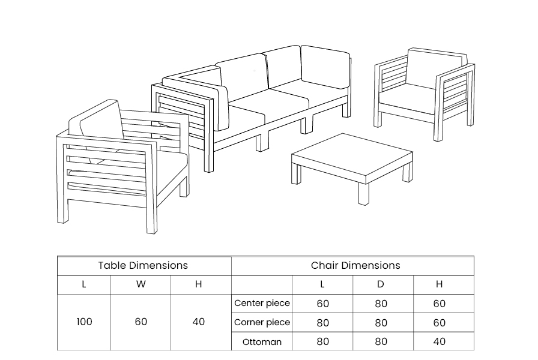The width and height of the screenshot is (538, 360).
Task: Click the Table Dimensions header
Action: [143, 265]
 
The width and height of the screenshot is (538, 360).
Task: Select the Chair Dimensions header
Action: [355, 265]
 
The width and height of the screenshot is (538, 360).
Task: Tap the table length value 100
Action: [84, 322]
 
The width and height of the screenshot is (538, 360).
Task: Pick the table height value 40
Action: [199, 322]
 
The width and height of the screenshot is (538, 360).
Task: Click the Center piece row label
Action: [262, 303]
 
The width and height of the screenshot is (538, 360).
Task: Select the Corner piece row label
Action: [262, 322]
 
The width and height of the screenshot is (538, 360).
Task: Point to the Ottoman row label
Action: [262, 342]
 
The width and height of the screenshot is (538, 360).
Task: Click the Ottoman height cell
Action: [439, 341]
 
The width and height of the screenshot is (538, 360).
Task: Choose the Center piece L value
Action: [323, 304]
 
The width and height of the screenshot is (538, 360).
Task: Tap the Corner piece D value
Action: [381, 323]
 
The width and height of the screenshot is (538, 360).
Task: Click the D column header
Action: [381, 284]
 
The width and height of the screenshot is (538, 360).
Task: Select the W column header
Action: [141, 284]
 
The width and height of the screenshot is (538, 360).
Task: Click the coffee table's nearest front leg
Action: [364, 194]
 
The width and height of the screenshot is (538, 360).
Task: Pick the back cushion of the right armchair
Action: [437, 68]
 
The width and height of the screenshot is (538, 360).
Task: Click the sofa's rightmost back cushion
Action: [325, 67]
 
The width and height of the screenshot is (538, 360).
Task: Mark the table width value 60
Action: [141, 322]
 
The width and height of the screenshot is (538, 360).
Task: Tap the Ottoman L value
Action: [323, 341]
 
